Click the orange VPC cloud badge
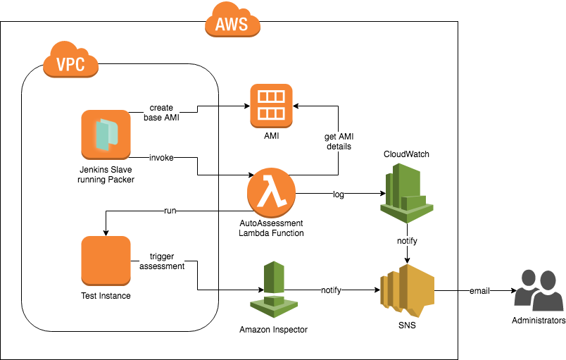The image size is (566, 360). coord(70,63)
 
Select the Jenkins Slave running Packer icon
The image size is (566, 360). coord(106,135)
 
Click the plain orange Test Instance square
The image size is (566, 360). coord(106,261)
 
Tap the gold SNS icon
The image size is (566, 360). coord(407,290)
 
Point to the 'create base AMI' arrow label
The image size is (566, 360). coord(162,113)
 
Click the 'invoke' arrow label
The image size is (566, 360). coord(163,155)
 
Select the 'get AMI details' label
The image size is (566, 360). coord(338,141)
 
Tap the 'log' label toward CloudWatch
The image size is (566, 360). coord(339,194)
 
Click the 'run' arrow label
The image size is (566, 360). coord(170,210)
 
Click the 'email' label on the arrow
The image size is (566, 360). coord(480,290)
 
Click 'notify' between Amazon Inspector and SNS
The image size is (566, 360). coord(332,290)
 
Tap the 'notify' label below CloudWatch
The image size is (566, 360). coord(406,241)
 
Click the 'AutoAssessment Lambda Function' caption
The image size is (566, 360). coord(271,228)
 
